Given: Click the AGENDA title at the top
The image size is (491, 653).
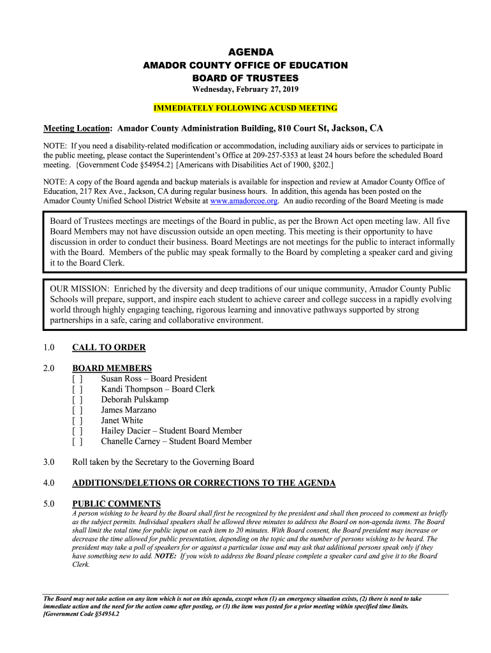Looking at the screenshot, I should [246, 52].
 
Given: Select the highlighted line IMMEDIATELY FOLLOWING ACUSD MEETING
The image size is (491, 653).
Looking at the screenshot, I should [246, 108].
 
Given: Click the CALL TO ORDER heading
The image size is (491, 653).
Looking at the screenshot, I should [109, 348].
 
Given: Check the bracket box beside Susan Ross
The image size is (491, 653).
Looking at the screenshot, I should [77, 379].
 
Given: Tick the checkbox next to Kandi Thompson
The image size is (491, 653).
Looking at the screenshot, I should [77, 389].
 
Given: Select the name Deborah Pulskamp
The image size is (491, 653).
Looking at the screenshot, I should [135, 400].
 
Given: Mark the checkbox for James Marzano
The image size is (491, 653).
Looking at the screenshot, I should [77, 410].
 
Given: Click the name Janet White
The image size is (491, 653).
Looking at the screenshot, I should [122, 420].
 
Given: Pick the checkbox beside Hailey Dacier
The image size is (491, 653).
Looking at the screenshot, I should [77, 431].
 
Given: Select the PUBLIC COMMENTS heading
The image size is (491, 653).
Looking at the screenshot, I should [116, 504].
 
